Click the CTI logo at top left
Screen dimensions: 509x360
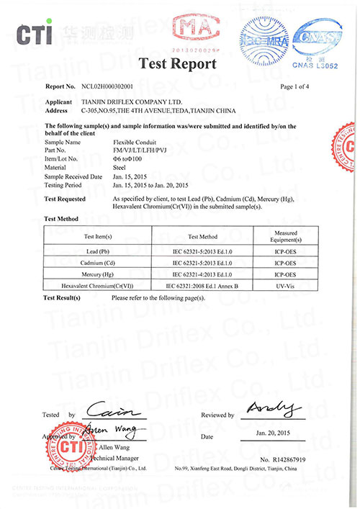point(32,34)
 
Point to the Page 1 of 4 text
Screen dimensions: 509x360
point(297,86)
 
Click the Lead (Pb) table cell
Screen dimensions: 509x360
point(98,253)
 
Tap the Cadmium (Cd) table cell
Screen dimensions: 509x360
point(98,263)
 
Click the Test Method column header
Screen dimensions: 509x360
point(202,236)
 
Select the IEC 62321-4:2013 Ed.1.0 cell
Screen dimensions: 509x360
point(202,274)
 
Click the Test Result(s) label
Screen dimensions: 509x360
point(67,297)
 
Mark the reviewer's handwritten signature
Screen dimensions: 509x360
point(273,409)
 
